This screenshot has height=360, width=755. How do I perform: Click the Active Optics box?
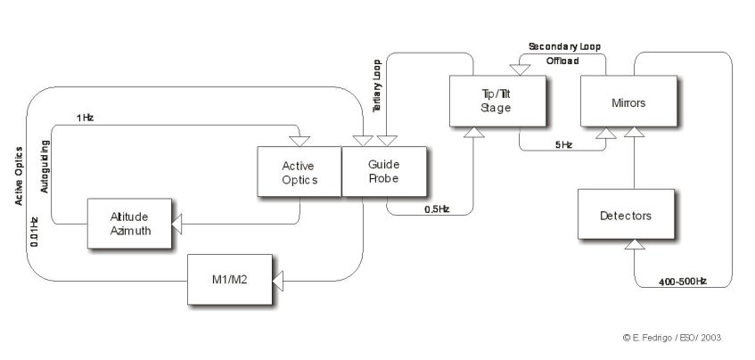[x=299, y=172]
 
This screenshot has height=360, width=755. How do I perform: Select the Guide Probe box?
[x=384, y=172]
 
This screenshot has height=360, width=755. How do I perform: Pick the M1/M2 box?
[x=229, y=281]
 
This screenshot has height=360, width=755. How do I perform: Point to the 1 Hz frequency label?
[x=85, y=118]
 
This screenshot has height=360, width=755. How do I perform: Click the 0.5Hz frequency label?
[x=437, y=209]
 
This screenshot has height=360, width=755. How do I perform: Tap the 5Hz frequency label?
[x=562, y=144]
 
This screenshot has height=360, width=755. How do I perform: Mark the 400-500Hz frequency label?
[x=682, y=281]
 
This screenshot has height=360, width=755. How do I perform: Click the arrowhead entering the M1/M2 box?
[x=277, y=282]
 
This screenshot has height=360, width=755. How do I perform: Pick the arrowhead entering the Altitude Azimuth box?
[x=176, y=224]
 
